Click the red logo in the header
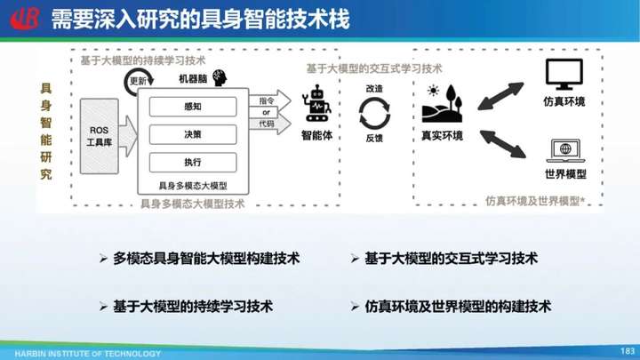point(25,19)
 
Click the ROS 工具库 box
point(100,136)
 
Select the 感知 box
point(193,107)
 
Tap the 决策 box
point(193,134)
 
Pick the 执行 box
point(193,162)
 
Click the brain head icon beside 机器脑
point(220,77)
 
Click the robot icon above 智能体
point(316,104)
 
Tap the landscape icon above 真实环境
point(442,104)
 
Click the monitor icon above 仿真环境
point(564,75)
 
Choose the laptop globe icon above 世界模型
point(565,150)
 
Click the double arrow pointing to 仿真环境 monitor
point(500,96)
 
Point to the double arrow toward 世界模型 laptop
point(502,144)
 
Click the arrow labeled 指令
point(270,100)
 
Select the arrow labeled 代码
point(270,124)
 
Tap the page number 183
point(628,351)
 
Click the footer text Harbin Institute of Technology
point(88,354)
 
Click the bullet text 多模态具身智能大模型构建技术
point(206,259)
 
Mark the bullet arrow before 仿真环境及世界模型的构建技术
point(355,307)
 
